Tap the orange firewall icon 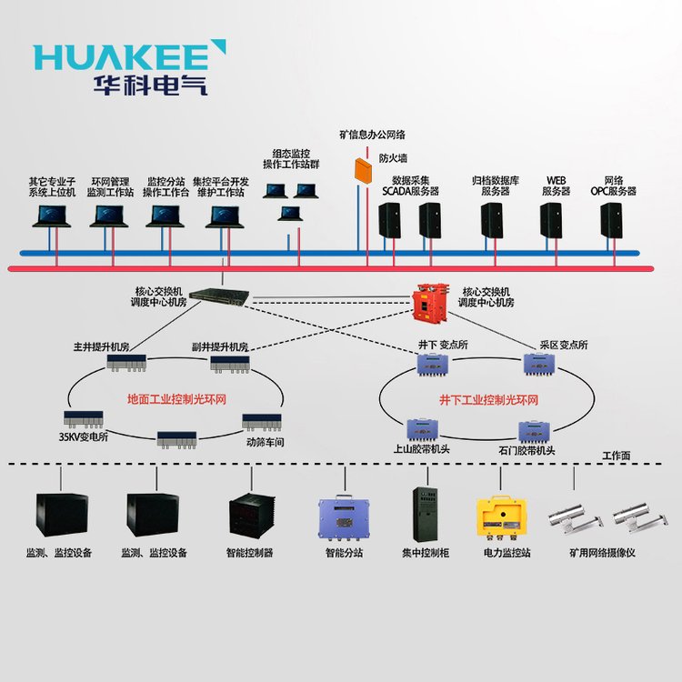point(364,168)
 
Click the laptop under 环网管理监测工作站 point(110,216)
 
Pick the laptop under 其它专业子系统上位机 point(52,216)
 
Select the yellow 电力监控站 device point(505,518)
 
